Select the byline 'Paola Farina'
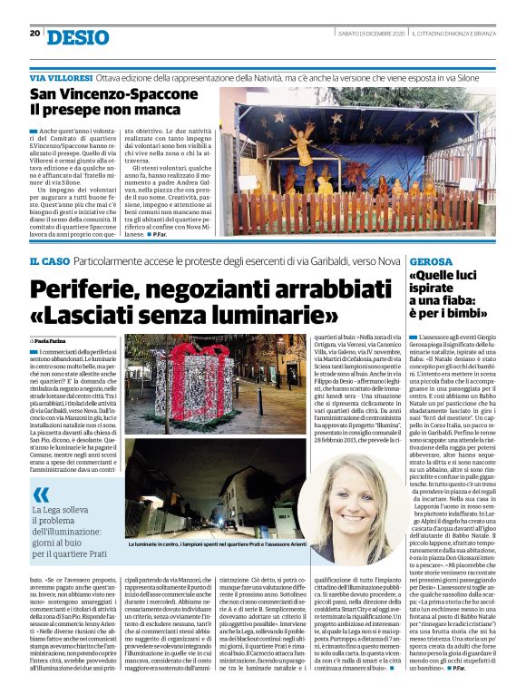(56, 339)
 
